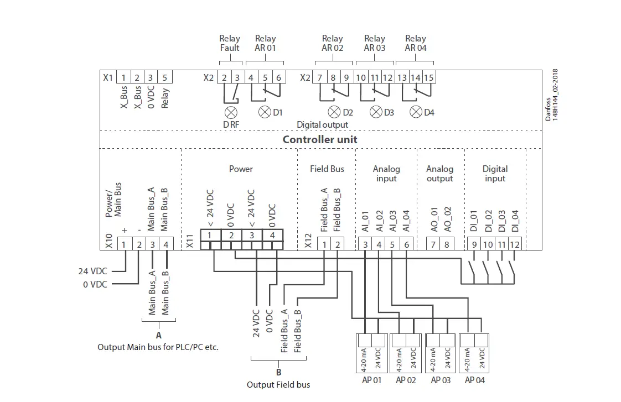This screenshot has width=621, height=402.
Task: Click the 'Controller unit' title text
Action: pos(320,139)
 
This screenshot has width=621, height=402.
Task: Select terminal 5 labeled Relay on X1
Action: pos(164,77)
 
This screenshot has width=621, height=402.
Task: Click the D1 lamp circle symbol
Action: pos(265,112)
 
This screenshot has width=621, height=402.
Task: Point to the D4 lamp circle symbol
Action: pos(416,112)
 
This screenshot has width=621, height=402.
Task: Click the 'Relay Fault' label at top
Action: pos(230,43)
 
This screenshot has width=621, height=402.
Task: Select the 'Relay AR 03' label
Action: pos(375,43)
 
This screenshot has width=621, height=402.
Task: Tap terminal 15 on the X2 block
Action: pos(428,77)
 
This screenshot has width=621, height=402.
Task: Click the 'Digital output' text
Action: pos(323,125)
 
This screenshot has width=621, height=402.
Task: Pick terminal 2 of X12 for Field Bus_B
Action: pos(338,244)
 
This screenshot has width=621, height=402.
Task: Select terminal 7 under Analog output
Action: pos(434,244)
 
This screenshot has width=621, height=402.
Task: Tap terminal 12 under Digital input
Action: pos(515,244)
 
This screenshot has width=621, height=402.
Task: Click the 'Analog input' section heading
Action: pos(386,174)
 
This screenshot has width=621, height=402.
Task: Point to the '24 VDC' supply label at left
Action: pos(92,271)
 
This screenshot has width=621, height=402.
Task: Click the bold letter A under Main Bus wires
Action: pos(159,335)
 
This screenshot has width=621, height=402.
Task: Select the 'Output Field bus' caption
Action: pos(278,384)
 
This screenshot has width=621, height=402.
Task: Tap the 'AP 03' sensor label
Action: pos(441,380)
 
